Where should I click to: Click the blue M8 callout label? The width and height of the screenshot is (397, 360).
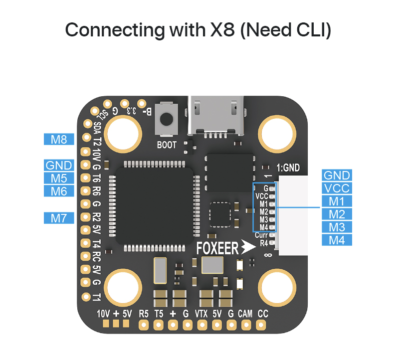pos(59,139)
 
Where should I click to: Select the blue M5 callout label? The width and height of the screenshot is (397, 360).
pos(59,178)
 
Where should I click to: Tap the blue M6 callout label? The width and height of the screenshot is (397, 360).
pos(59,191)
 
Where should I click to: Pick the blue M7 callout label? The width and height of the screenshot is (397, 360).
pos(59,217)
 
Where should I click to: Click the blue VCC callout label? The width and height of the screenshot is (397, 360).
pos(336,188)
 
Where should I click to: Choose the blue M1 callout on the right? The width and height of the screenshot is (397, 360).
pos(336,201)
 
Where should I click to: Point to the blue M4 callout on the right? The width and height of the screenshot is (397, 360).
pos(336,240)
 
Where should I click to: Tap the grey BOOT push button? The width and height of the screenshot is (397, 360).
pos(166,119)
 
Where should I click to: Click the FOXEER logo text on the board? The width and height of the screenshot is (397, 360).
pos(217,248)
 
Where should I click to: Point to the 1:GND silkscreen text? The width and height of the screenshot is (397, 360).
pos(288,168)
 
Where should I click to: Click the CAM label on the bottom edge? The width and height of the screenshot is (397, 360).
pos(245,314)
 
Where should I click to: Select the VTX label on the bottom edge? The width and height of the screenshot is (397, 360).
pos(201,314)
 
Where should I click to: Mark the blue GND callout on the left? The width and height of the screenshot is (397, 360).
pos(59,165)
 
